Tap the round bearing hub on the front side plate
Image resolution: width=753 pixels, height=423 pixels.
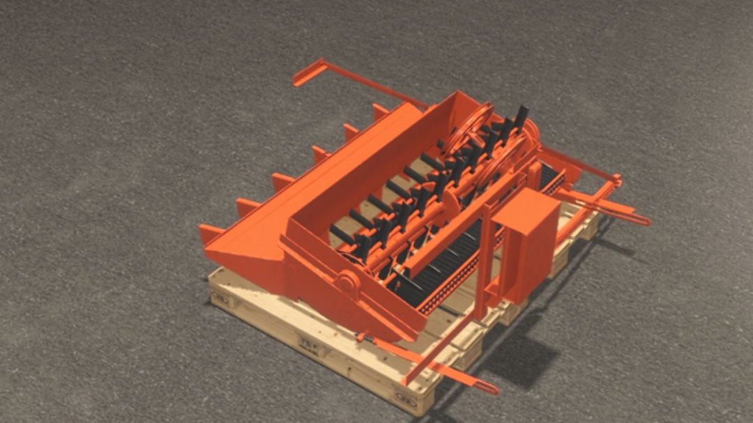pyautogui.click(x=346, y=282)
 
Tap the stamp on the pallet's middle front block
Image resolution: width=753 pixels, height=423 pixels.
pyautogui.click(x=307, y=343)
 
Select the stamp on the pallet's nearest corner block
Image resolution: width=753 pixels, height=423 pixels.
pyautogui.click(x=405, y=397)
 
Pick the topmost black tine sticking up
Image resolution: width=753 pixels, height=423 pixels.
pyautogui.click(x=521, y=115)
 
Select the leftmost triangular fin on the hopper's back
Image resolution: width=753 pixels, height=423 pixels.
pyautogui.click(x=208, y=232)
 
